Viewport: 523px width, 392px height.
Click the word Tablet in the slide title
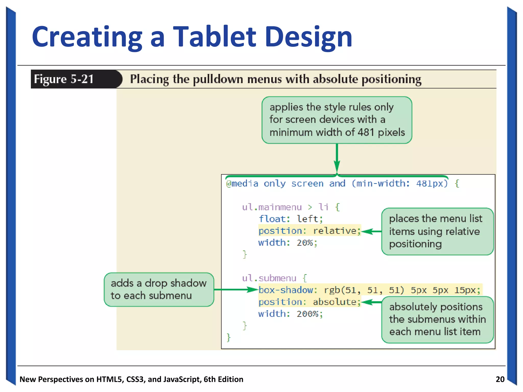pyautogui.click(x=215, y=37)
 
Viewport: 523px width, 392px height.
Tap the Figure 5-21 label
pyautogui.click(x=64, y=79)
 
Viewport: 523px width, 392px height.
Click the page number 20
pyautogui.click(x=500, y=379)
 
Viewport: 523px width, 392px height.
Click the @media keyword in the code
pyautogui.click(x=242, y=183)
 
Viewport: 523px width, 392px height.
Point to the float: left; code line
pyautogui.click(x=291, y=219)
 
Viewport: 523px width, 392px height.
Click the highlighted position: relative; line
pyautogui.click(x=310, y=231)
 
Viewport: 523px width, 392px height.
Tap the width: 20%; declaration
pyautogui.click(x=288, y=243)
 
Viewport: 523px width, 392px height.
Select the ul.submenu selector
pyautogui.click(x=269, y=278)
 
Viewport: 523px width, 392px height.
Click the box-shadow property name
pyautogui.click(x=286, y=290)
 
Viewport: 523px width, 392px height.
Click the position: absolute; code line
pyautogui.click(x=310, y=302)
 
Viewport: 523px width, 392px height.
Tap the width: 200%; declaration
pyautogui.click(x=290, y=314)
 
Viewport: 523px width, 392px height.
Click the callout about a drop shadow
pyautogui.click(x=159, y=289)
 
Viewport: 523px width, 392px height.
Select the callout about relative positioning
pyautogui.click(x=437, y=231)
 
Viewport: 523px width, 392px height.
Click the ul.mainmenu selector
pyautogui.click(x=272, y=207)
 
